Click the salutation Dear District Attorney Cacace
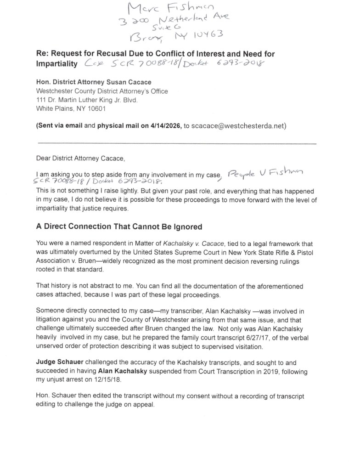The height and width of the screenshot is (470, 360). (x=80, y=159)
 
